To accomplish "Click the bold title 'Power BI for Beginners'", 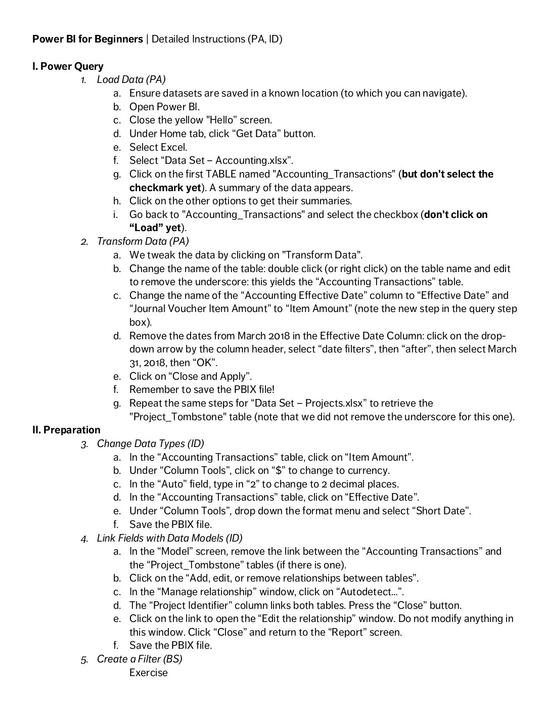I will click(87, 39).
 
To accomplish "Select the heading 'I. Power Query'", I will click(68, 66).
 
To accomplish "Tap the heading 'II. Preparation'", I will click(66, 430).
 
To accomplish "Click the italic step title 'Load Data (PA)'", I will click(131, 79).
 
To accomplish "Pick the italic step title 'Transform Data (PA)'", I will click(143, 241).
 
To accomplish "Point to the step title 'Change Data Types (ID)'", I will click(151, 443).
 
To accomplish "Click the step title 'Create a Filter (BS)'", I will click(140, 659).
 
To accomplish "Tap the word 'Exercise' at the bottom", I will click(148, 673).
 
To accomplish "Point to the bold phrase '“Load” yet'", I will click(155, 228).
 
